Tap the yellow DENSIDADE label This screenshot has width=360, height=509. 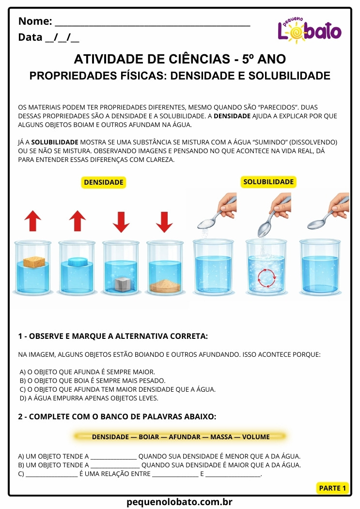104,182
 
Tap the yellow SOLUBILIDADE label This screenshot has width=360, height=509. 268,182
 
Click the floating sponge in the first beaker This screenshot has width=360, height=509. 33,260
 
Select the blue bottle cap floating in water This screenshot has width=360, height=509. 78,262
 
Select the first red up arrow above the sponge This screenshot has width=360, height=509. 33,221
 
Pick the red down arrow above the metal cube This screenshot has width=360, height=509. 121,221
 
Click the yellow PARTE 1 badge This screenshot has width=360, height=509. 333,488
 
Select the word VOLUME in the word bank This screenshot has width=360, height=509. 256,437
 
